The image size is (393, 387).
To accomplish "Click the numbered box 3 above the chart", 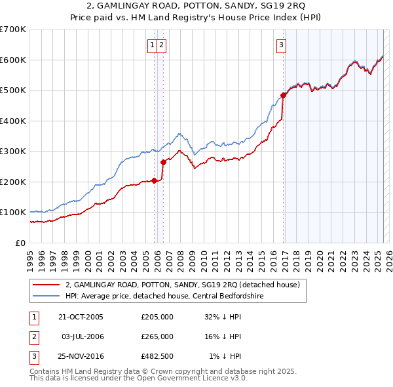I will coord(281,45).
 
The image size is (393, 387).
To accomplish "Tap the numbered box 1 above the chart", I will coord(152,45).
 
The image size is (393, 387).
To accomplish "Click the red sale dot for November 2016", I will coord(284,95).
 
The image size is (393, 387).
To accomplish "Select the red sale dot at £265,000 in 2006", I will coord(162,162).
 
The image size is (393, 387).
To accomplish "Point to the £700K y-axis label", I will coord(13,30).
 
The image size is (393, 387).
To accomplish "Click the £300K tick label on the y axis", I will coord(13,151).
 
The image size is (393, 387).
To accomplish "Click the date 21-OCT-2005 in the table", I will coord(81,317).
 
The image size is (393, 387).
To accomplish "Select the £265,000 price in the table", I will coord(157,336).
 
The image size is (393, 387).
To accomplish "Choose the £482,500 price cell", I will coord(157,356).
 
